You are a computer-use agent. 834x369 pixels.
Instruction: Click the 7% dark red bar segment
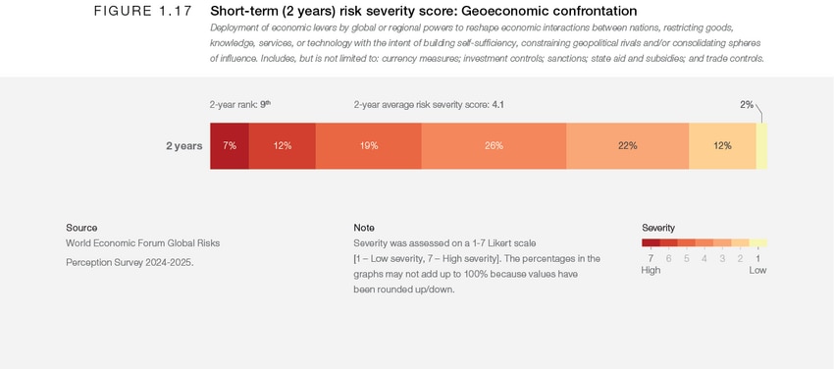[x=229, y=145]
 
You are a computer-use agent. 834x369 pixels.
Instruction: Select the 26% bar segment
[x=494, y=145]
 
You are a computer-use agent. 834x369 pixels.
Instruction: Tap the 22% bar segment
[x=627, y=145]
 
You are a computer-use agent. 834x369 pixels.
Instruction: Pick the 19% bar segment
[x=368, y=145]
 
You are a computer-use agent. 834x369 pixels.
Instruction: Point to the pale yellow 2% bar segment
[x=761, y=145]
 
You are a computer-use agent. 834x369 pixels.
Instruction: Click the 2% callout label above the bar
[x=747, y=104]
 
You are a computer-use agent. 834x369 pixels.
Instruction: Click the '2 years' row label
[x=183, y=146]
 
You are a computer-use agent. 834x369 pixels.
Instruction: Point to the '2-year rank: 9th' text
[x=239, y=104]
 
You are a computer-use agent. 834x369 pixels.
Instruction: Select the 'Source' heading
[x=81, y=228]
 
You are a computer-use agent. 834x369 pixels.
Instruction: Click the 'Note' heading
[x=364, y=228]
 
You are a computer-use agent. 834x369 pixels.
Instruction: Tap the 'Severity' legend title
[x=658, y=228]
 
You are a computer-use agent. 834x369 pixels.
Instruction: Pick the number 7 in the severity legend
[x=651, y=258]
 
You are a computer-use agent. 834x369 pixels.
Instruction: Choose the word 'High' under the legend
[x=651, y=270]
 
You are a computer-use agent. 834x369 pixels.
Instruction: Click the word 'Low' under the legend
[x=757, y=270]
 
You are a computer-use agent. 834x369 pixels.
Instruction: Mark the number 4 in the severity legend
[x=704, y=258]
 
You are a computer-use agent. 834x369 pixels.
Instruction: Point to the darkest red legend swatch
[x=651, y=242]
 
